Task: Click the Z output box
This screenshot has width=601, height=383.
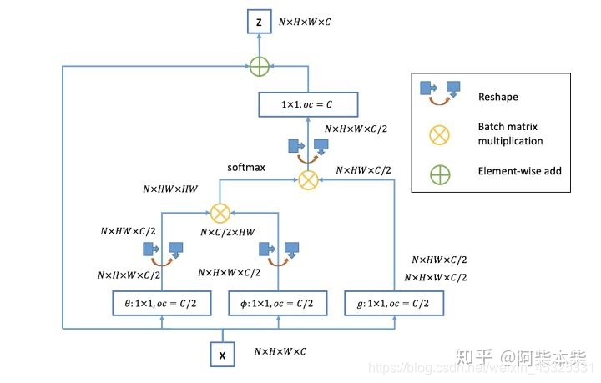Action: click(259, 23)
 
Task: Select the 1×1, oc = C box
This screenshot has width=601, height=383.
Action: click(307, 104)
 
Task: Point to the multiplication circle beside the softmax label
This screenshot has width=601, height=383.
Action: click(308, 179)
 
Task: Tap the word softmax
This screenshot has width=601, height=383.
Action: click(246, 168)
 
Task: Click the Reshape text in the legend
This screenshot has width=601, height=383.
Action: click(497, 97)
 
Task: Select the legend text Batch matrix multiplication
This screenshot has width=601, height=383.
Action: click(509, 134)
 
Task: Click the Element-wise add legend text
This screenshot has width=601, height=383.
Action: click(519, 172)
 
